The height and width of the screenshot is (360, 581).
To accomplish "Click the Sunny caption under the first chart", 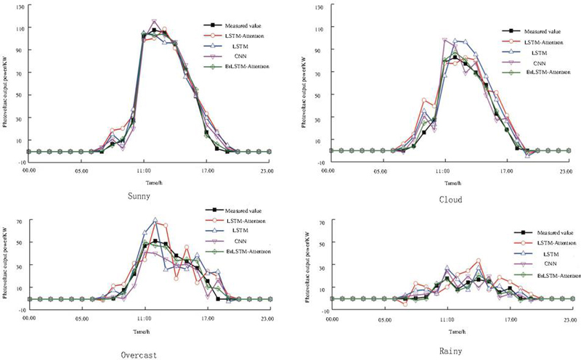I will tap(139, 196).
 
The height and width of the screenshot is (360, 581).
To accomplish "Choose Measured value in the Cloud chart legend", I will tap(534, 31).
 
